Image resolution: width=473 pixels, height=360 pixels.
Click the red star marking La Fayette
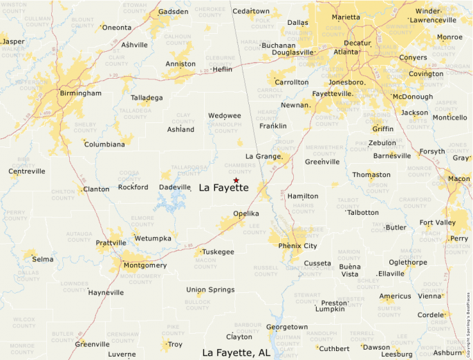point(236,180)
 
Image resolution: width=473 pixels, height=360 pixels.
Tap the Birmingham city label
point(81,93)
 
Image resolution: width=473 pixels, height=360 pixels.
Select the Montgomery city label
point(145,265)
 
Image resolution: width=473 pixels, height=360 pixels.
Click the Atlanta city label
point(346,52)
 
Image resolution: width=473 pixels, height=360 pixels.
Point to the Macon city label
point(458,179)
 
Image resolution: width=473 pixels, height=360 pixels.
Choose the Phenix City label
point(297,246)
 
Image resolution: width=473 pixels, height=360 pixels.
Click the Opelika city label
point(245,214)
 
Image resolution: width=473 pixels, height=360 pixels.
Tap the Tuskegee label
point(219,252)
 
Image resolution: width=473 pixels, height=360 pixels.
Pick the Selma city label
point(43,259)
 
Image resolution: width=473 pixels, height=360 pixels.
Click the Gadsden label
point(173,12)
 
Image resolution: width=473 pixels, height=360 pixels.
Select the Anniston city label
point(180,64)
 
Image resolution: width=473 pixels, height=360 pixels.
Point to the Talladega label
point(147,97)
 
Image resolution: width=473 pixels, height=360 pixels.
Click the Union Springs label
point(210,290)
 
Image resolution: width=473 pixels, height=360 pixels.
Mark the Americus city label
point(395,296)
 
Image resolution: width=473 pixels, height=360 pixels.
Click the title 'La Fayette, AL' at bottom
point(236,352)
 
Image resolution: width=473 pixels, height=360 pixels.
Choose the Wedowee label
point(225,115)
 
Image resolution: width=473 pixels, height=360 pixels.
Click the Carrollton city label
point(292,82)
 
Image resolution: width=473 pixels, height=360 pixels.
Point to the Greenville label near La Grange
point(322,162)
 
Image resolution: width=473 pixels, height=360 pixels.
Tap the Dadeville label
point(174,187)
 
